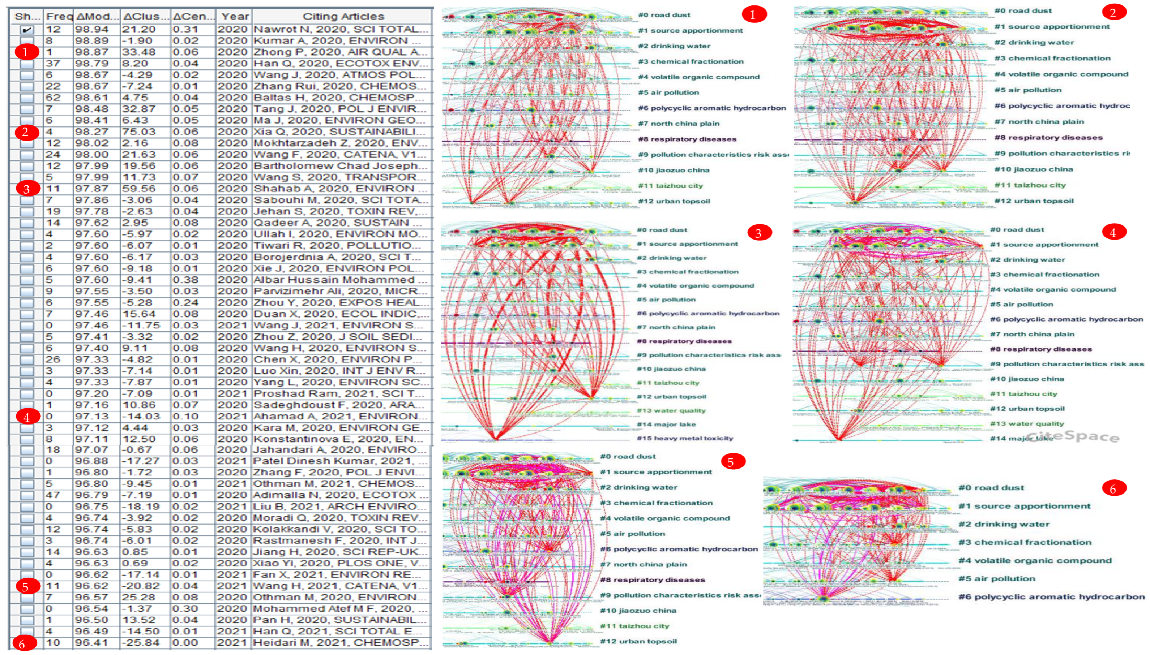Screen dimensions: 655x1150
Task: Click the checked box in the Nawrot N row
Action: [x=27, y=30]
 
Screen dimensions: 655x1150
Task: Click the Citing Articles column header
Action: [x=343, y=17]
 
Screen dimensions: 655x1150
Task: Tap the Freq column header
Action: [x=59, y=17]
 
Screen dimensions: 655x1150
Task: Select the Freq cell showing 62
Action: [x=53, y=98]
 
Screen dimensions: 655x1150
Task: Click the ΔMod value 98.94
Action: [x=92, y=30]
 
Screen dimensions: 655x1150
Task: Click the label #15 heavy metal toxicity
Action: [x=685, y=438]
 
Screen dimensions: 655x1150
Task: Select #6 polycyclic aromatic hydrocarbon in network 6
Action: [x=1051, y=597]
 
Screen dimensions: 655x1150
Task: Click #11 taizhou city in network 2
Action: [x=1030, y=185]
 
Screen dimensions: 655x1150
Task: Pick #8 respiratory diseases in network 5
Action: [x=652, y=580]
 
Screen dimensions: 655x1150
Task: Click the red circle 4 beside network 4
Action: [x=1113, y=232]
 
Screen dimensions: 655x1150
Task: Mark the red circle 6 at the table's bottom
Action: [x=22, y=644]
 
